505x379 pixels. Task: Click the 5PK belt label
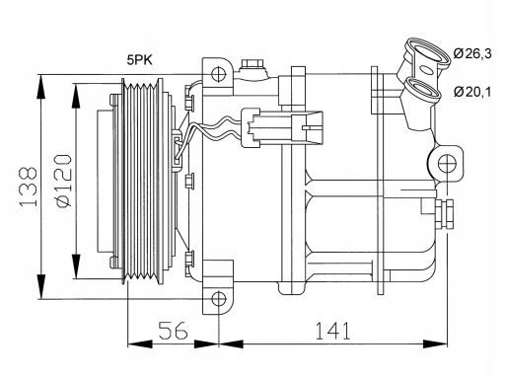[x=140, y=60]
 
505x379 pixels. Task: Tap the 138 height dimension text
[x=29, y=187]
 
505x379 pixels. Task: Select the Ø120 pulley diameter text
[x=63, y=181]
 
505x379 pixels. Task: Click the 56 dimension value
[x=173, y=331]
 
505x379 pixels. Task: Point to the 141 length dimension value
[x=332, y=331]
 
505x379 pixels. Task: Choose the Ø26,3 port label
[x=472, y=53]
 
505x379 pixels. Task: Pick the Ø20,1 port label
[x=472, y=92]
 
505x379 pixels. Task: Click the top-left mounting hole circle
[x=219, y=74]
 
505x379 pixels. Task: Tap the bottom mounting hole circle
[x=219, y=299]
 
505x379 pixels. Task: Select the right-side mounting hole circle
[x=448, y=164]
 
